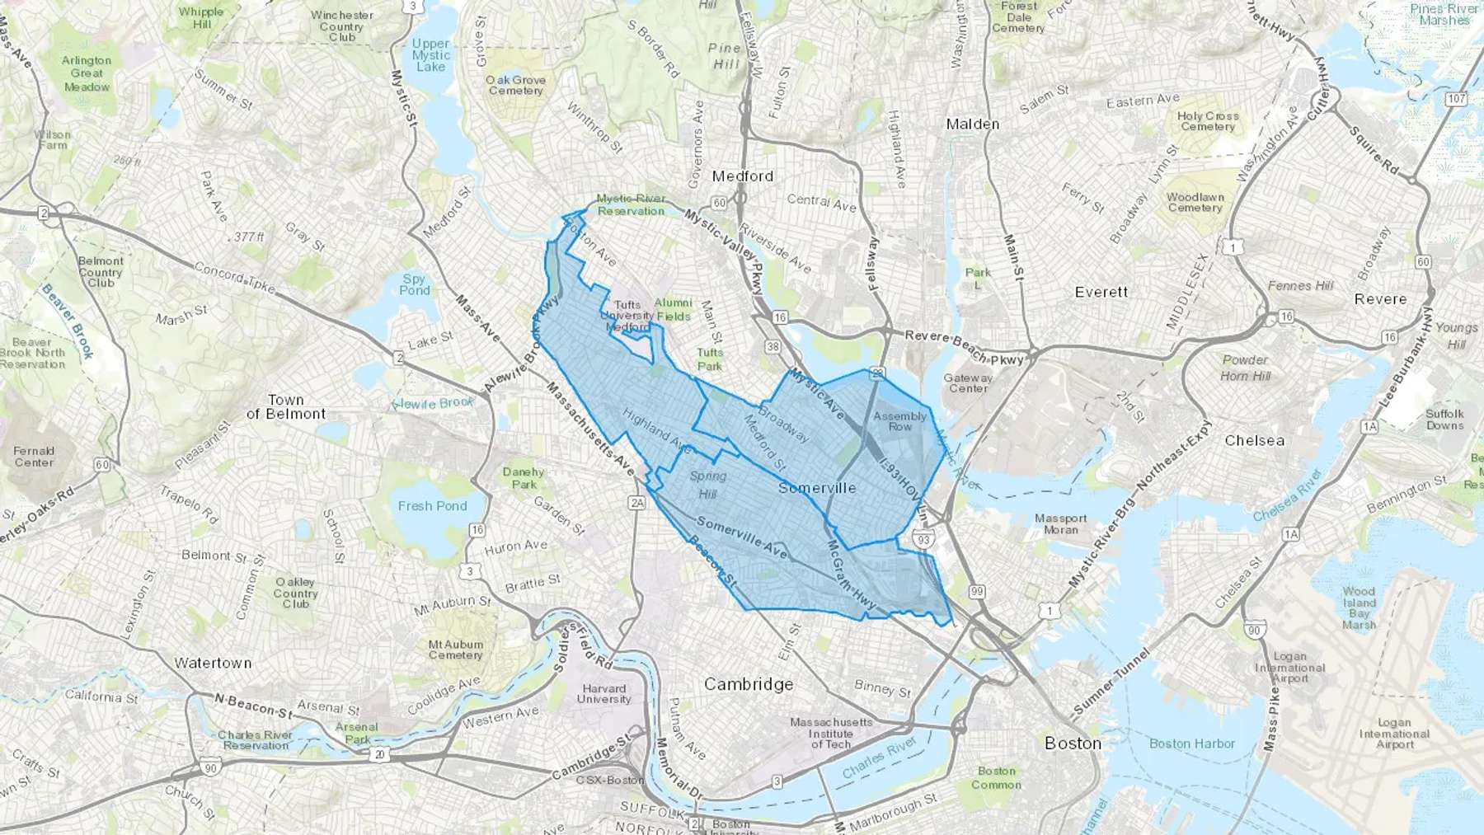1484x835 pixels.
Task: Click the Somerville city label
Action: (817, 488)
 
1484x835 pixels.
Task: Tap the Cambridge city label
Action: (749, 684)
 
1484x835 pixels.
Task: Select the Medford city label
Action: (743, 176)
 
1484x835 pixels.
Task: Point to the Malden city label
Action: (973, 124)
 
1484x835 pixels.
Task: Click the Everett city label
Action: (1101, 292)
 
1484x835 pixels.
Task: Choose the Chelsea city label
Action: (1254, 440)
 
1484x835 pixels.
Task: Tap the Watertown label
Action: (213, 663)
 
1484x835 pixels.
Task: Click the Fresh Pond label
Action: (432, 505)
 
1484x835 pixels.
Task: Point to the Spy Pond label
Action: (415, 284)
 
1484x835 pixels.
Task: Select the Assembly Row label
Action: (900, 421)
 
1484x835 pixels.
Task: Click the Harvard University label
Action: (603, 694)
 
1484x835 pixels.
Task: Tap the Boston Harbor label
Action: (1192, 744)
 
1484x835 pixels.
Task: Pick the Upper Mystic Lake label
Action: (430, 55)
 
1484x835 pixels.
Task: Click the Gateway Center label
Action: (968, 383)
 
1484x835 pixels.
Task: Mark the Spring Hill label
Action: (707, 485)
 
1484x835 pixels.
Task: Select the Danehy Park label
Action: (524, 478)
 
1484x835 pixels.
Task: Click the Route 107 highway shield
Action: (1456, 99)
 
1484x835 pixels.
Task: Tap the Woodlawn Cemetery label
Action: (1195, 203)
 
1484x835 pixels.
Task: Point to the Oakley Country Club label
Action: (295, 593)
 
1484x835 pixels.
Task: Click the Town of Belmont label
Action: (285, 406)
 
